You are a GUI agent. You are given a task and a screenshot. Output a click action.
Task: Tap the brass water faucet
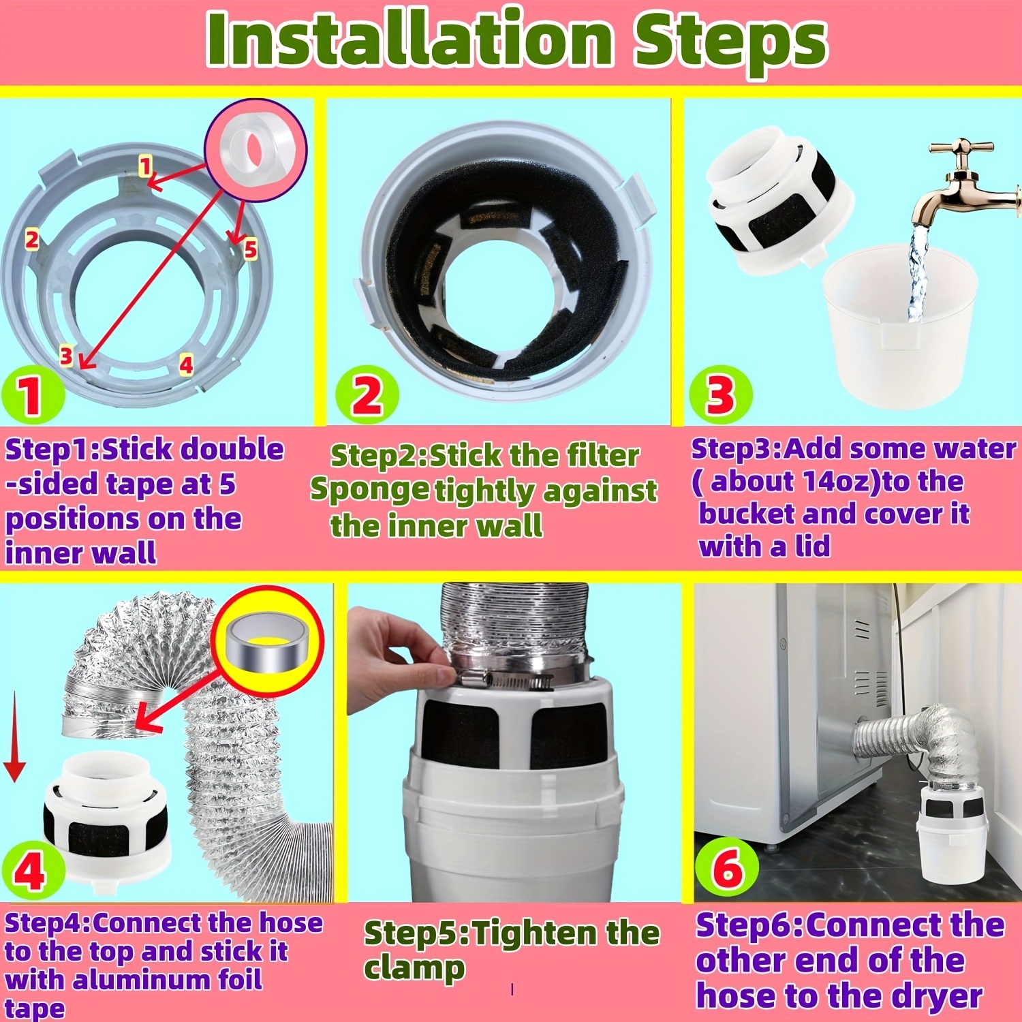pyautogui.click(x=967, y=184)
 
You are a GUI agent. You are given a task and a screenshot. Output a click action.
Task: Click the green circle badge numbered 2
pyautogui.click(x=367, y=394)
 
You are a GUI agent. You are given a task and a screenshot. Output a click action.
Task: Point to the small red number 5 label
pyautogui.click(x=250, y=249)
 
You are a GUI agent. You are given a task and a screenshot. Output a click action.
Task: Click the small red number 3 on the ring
pyautogui.click(x=66, y=355)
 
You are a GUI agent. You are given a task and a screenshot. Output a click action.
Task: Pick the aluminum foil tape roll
pyautogui.click(x=266, y=641)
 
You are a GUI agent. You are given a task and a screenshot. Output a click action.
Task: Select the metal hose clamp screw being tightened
pyautogui.click(x=504, y=679)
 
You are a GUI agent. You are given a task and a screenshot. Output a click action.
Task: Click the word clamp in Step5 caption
pyautogui.click(x=414, y=969)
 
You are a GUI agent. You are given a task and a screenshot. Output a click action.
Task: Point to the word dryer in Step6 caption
pyautogui.click(x=936, y=996)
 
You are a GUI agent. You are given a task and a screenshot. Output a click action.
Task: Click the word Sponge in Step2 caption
pyautogui.click(x=369, y=491)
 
